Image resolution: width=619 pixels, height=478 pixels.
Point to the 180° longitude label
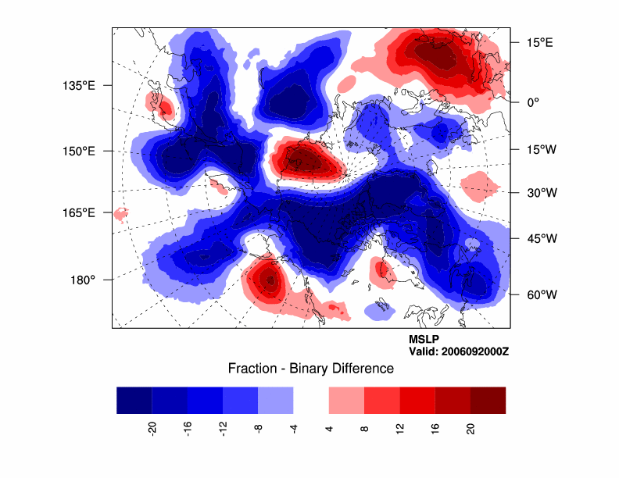pyautogui.click(x=82, y=279)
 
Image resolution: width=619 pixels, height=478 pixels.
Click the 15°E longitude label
pyautogui.click(x=539, y=42)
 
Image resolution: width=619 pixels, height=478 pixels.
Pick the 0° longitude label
pyautogui.click(x=534, y=102)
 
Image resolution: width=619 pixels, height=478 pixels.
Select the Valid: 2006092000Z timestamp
pyautogui.click(x=459, y=351)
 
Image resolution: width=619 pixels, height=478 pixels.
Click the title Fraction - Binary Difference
pyautogui.click(x=310, y=369)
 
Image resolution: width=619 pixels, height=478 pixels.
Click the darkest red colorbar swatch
pyautogui.click(x=488, y=400)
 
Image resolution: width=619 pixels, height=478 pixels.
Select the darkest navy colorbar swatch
pyautogui.click(x=134, y=400)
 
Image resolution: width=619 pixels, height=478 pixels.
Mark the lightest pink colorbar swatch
pyautogui.click(x=346, y=400)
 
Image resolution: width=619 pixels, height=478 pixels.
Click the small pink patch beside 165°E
pyautogui.click(x=120, y=213)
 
